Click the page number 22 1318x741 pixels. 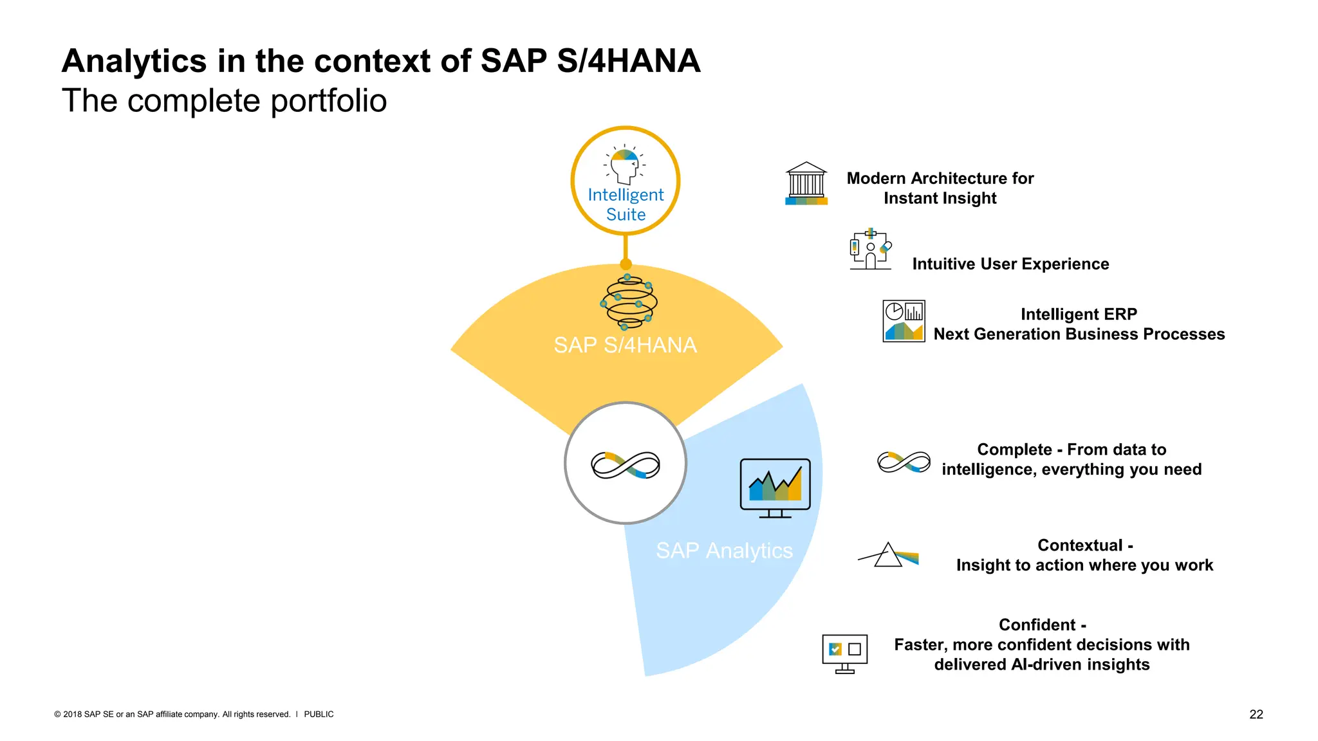(1256, 714)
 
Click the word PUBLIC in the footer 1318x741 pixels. (319, 714)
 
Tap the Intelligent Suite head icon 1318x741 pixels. (625, 165)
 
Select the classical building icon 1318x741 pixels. (806, 183)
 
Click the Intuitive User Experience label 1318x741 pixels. (1010, 264)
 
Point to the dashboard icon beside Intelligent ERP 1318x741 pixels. (904, 321)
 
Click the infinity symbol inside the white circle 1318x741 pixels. (626, 464)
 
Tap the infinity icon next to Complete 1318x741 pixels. (904, 461)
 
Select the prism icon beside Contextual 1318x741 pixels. (889, 554)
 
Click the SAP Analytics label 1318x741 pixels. (724, 551)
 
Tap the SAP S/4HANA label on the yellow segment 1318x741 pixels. (625, 345)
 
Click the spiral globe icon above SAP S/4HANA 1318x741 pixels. (628, 302)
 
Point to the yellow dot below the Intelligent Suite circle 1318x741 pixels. (626, 264)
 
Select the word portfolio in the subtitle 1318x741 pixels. (328, 101)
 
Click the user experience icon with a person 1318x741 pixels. (871, 250)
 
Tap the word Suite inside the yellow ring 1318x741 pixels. (626, 215)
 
